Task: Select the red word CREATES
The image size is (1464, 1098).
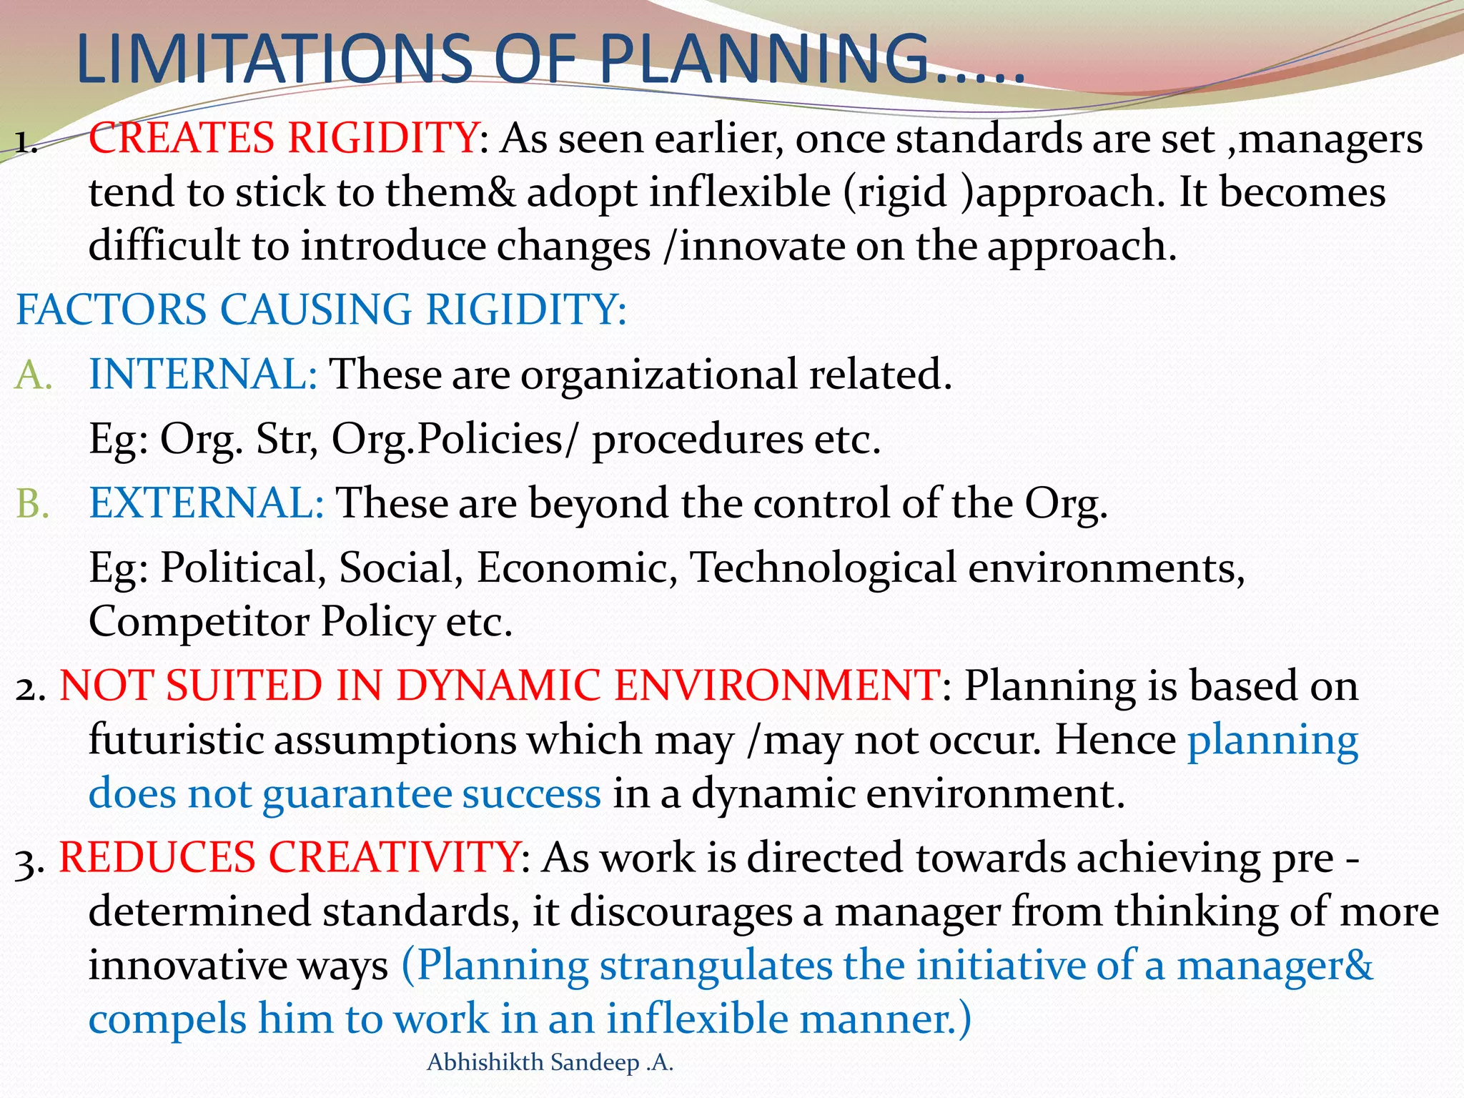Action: (x=182, y=137)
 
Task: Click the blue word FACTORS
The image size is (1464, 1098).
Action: (x=111, y=310)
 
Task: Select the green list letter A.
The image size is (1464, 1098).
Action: (x=32, y=375)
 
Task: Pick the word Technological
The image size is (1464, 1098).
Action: (x=823, y=568)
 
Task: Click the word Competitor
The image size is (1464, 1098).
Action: (x=198, y=622)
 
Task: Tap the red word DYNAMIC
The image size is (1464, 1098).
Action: (x=498, y=686)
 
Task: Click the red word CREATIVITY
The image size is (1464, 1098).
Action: (x=394, y=857)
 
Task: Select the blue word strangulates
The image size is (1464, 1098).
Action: (x=716, y=966)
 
